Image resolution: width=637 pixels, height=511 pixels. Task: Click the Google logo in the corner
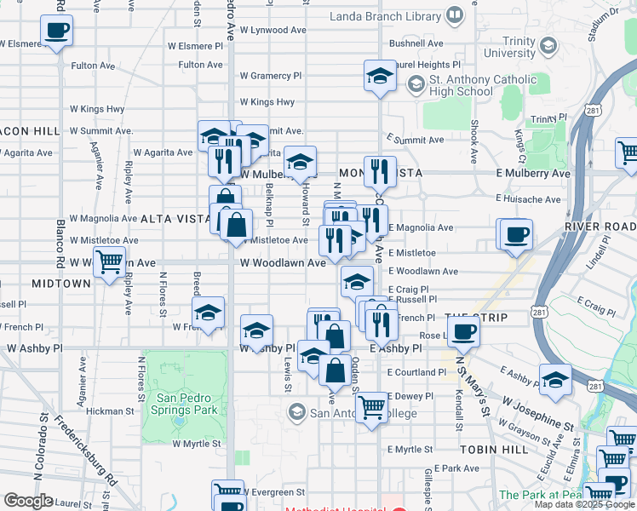[x=28, y=501]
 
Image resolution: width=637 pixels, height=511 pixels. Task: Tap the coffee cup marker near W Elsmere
[x=56, y=32]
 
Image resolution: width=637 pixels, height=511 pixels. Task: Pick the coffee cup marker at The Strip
[x=463, y=330]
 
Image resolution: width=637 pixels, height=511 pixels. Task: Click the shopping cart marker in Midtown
[x=109, y=262]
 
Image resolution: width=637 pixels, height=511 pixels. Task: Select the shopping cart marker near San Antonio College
[x=371, y=408]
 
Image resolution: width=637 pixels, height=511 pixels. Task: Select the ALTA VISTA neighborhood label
[x=175, y=219]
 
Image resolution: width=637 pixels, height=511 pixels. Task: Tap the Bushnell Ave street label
[x=416, y=43]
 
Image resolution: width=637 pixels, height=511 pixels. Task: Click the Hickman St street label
[x=106, y=411]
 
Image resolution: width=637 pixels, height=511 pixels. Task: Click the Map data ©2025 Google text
[x=582, y=504]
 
